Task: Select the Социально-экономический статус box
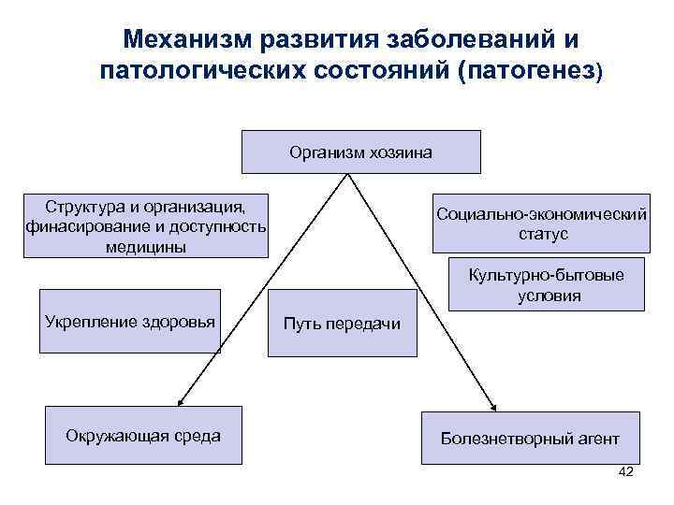[539, 224]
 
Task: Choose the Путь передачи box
[342, 323]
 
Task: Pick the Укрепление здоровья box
[130, 321]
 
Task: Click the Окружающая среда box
[143, 435]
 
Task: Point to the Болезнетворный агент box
[530, 438]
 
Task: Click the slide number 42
[626, 472]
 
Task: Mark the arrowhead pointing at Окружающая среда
[183, 401]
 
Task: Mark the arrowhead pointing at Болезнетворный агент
[495, 405]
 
